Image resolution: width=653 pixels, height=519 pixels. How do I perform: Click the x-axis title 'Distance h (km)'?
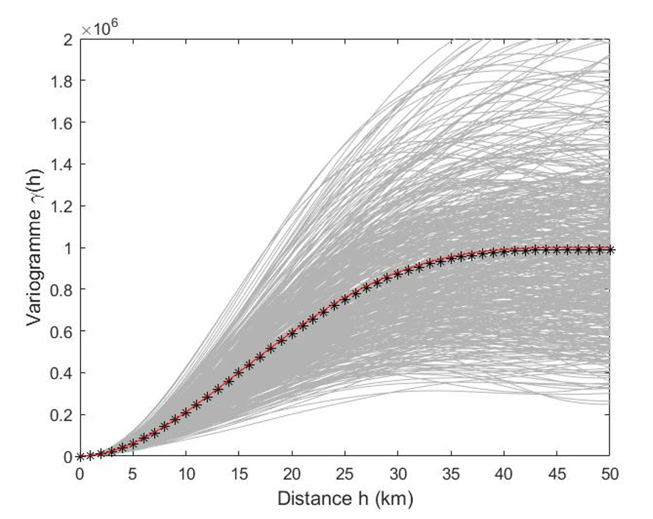tap(345, 500)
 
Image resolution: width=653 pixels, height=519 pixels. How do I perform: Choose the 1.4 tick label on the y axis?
tap(62, 165)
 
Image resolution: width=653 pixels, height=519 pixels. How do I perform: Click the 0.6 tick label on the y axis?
tap(62, 331)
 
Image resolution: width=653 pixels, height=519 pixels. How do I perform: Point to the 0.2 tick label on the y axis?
tap(62, 415)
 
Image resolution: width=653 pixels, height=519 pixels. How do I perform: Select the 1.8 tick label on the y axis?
tap(62, 81)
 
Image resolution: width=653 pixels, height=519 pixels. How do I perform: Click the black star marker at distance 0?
tap(80, 456)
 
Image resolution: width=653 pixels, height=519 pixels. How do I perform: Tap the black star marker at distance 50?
tap(609, 249)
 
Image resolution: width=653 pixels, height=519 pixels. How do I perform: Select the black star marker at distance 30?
tap(397, 273)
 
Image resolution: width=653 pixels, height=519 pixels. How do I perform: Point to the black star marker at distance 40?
tap(503, 252)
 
